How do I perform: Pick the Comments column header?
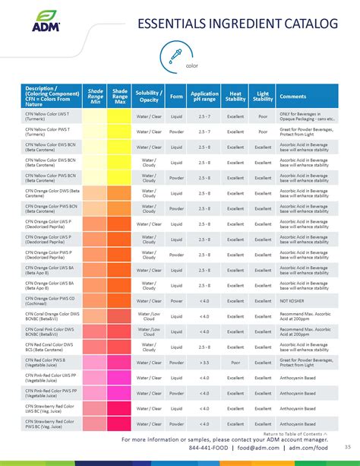click(x=293, y=97)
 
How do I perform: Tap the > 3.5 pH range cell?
click(x=204, y=363)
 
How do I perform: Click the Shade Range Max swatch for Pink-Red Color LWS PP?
click(x=119, y=378)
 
